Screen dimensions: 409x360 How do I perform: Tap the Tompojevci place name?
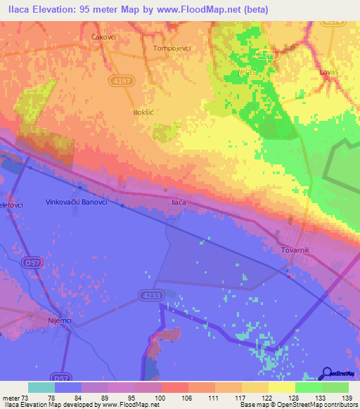(173, 48)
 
